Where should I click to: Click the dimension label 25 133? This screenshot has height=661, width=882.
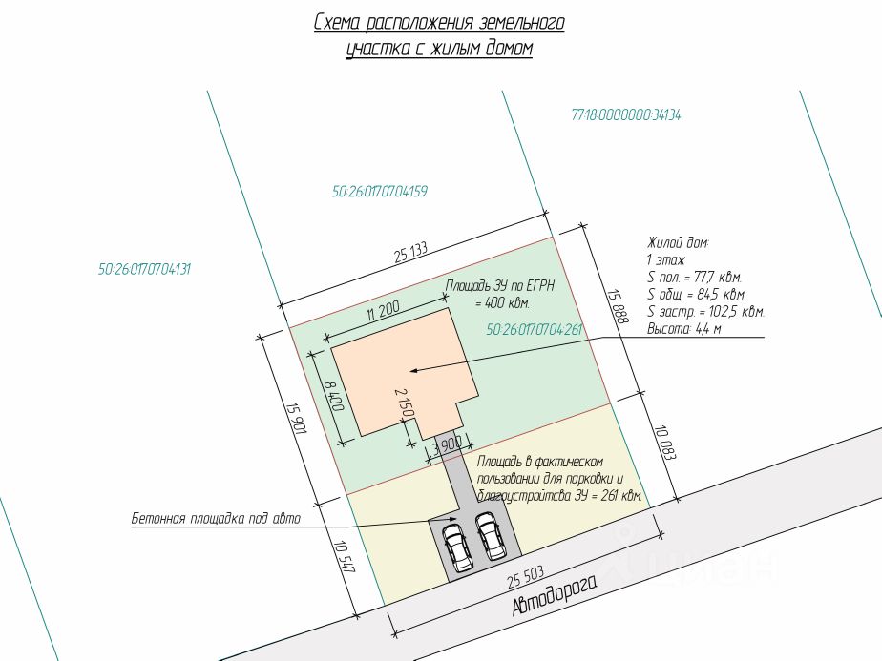[x=410, y=253]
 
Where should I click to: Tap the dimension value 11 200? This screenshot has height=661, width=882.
[x=383, y=310]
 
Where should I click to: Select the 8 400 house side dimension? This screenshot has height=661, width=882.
[x=334, y=396]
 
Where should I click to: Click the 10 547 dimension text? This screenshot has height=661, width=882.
[x=344, y=556]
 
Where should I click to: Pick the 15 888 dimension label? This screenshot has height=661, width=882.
[x=618, y=306]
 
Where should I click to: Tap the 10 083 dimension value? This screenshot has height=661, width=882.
[x=664, y=443]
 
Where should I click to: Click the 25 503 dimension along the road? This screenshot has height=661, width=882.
[x=526, y=576]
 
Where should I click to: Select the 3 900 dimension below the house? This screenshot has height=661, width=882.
[x=448, y=445]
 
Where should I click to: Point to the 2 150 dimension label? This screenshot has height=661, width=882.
[x=405, y=403]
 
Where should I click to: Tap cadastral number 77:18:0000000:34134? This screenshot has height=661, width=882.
[x=625, y=115]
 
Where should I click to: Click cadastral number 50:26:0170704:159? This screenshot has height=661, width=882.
[x=379, y=192]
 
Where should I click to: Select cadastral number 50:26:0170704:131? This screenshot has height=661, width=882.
[x=144, y=269]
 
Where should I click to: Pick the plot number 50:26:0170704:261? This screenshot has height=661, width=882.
[x=534, y=329]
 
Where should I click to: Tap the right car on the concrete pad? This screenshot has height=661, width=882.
[x=491, y=536]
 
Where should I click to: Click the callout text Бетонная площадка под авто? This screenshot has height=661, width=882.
[x=216, y=518]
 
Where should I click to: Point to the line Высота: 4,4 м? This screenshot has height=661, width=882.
[x=684, y=329]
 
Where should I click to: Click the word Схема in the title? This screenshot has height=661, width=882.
[x=336, y=23]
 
